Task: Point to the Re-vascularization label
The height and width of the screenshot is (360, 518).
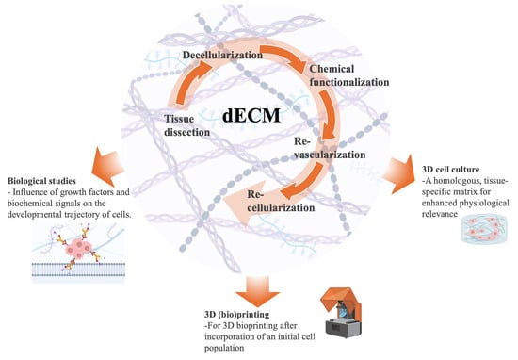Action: pos(310,155)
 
